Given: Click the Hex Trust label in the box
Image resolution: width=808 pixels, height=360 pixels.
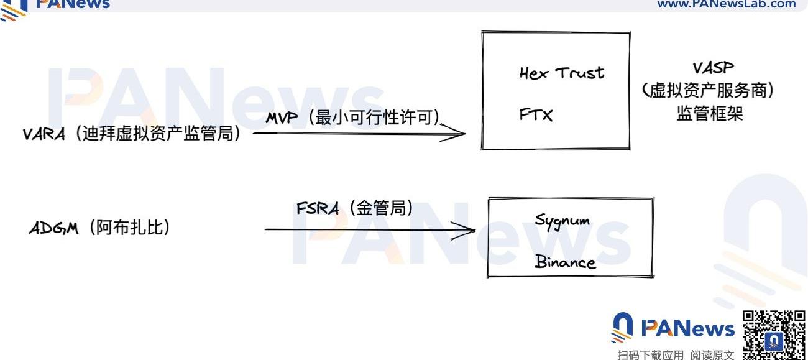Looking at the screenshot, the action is click(x=562, y=73).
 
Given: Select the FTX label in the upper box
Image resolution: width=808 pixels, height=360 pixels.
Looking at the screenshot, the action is click(x=536, y=114).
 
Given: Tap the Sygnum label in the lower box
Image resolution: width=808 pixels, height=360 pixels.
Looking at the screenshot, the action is click(x=562, y=221).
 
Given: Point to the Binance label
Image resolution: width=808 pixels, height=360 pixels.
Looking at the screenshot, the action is click(x=565, y=262).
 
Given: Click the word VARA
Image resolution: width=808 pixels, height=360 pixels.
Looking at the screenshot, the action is click(x=44, y=134).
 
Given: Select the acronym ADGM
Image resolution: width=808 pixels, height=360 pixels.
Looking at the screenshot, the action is click(x=53, y=228).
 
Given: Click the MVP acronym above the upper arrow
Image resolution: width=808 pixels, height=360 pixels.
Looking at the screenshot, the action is click(x=282, y=118).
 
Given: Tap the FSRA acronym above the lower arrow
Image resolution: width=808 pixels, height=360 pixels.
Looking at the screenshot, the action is click(x=318, y=208).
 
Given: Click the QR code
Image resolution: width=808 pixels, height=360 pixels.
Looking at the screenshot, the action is click(x=774, y=335).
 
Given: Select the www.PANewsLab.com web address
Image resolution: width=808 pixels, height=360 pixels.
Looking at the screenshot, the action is click(x=726, y=4).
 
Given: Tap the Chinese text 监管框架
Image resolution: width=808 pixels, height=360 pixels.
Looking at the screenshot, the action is click(x=710, y=113).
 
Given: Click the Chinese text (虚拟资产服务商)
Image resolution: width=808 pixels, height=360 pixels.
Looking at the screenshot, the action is click(x=708, y=90).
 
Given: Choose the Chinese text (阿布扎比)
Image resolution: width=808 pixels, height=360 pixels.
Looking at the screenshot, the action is click(x=129, y=228).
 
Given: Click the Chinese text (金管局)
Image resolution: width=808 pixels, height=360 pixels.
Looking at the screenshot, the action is click(x=381, y=208).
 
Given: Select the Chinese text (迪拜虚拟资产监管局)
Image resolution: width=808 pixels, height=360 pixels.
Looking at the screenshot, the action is click(x=158, y=134).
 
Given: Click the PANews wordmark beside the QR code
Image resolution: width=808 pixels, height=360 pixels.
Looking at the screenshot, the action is click(x=687, y=328).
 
